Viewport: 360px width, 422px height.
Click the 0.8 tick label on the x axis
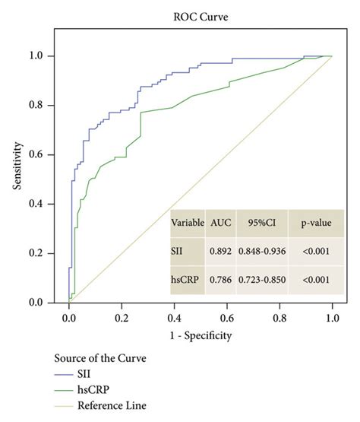coord(279,318)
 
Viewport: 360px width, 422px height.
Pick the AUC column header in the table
coord(220,223)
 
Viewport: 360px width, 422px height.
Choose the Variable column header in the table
coord(187,223)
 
